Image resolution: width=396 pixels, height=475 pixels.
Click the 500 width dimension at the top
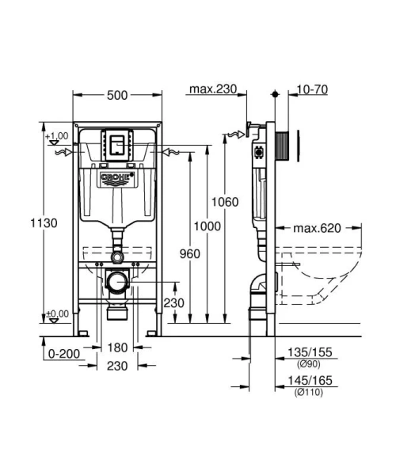click(117, 95)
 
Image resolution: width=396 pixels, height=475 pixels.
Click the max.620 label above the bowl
click(317, 229)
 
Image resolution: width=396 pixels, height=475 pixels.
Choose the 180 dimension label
click(117, 348)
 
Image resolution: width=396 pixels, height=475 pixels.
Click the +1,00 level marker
click(57, 136)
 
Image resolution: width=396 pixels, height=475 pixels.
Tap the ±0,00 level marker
click(57, 313)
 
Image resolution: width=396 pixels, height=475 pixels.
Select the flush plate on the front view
click(117, 144)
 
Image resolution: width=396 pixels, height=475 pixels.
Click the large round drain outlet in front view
click(117, 281)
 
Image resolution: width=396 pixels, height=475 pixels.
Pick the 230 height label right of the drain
click(174, 303)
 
